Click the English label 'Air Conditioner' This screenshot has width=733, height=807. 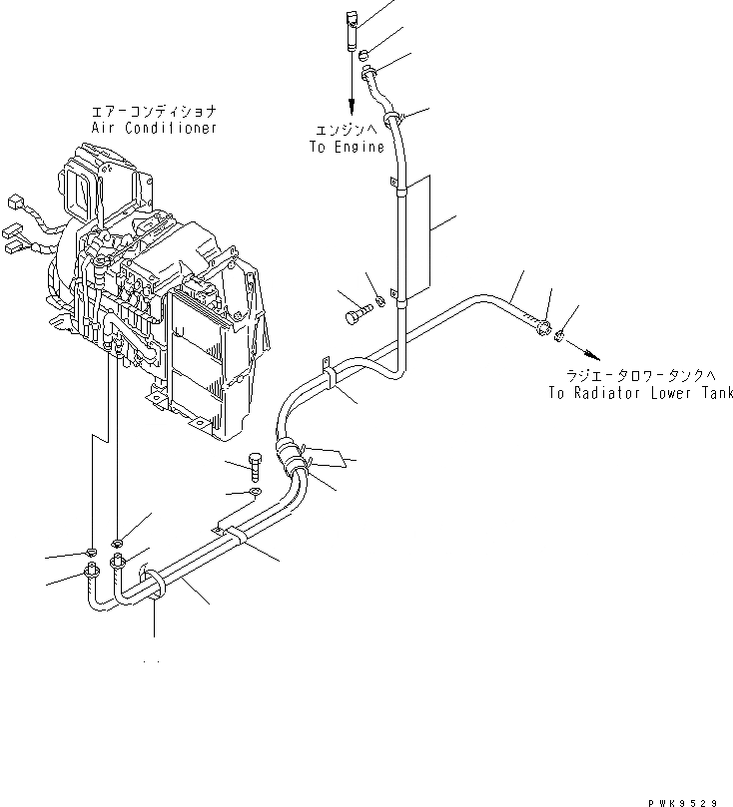point(153,129)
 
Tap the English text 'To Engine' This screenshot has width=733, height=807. point(346,147)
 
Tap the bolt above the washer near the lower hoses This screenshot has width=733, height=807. point(256,465)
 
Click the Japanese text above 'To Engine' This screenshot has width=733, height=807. point(347,132)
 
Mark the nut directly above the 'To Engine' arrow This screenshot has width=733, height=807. point(365,52)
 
